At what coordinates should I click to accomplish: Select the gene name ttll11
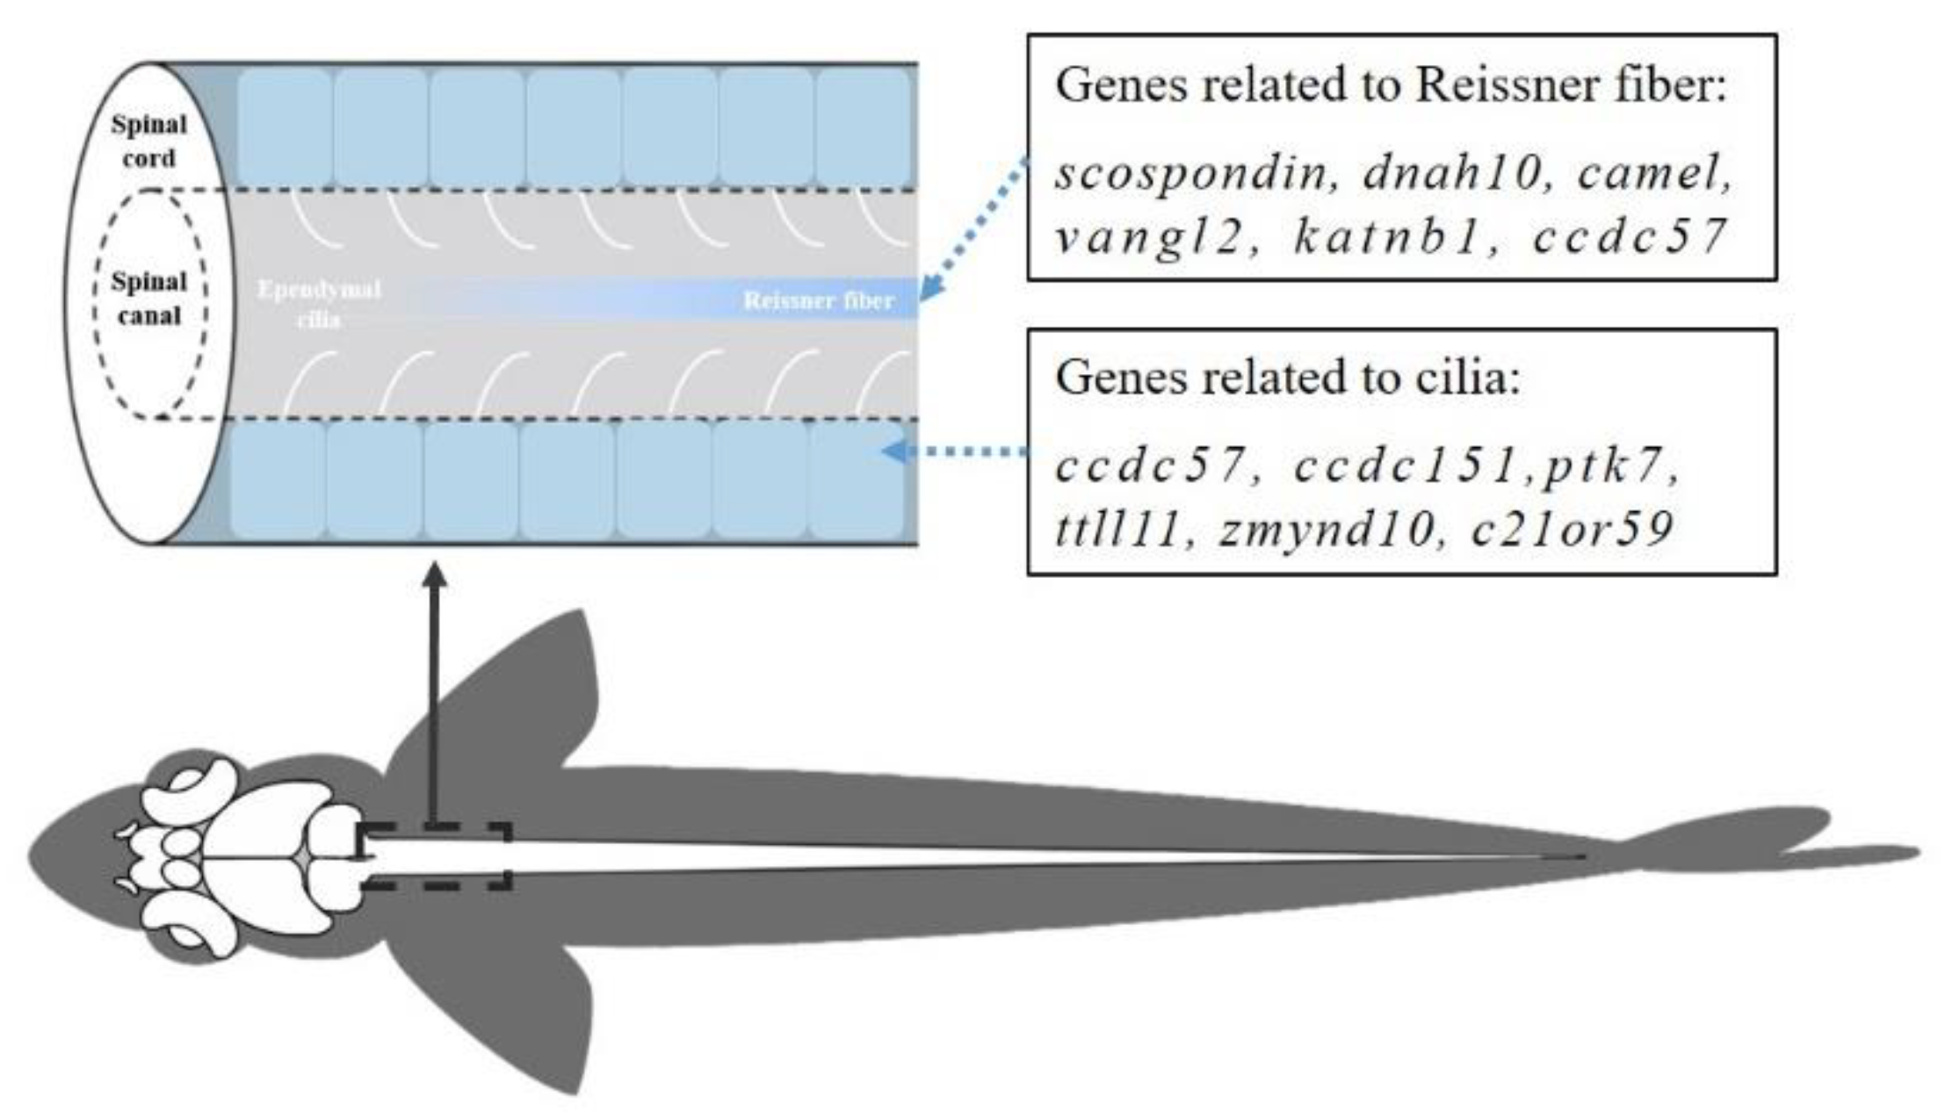coord(1116,530)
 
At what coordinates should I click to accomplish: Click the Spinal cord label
coord(148,141)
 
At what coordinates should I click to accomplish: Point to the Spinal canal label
coord(148,299)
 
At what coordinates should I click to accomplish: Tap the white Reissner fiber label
coord(818,301)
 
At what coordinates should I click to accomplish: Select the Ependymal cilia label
coord(319,304)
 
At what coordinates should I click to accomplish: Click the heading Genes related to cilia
coord(1287,378)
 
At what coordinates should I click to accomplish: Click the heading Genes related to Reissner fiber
coord(1391,86)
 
